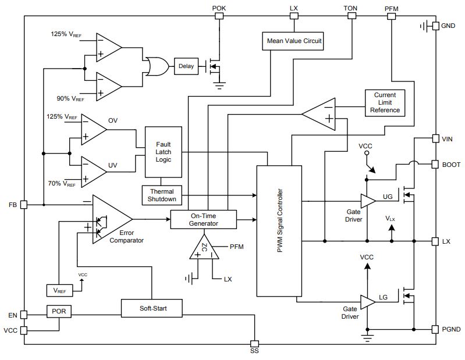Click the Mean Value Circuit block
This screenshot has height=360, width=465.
pos(293,41)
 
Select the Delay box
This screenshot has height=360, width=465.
pos(186,66)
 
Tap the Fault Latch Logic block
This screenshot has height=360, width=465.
pos(163,152)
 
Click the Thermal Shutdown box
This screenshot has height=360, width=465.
pos(162,195)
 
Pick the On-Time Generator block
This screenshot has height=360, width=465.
pos(204,220)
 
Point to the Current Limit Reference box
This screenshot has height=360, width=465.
pos(385,103)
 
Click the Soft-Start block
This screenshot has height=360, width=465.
pos(151,308)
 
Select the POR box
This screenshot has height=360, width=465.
pos(59,311)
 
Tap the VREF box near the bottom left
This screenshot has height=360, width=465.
pos(59,290)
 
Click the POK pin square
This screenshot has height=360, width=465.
pos(219,16)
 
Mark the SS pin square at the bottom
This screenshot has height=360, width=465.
pos(254,344)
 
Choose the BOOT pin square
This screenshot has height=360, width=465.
pos(435,165)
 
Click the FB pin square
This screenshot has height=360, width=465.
pos(24,205)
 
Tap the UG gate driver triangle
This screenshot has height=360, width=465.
pos(368,201)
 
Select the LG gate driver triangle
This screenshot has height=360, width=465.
pos(368,302)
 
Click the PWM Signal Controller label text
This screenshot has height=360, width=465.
pos(280,221)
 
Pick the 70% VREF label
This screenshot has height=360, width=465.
pos(62,184)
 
